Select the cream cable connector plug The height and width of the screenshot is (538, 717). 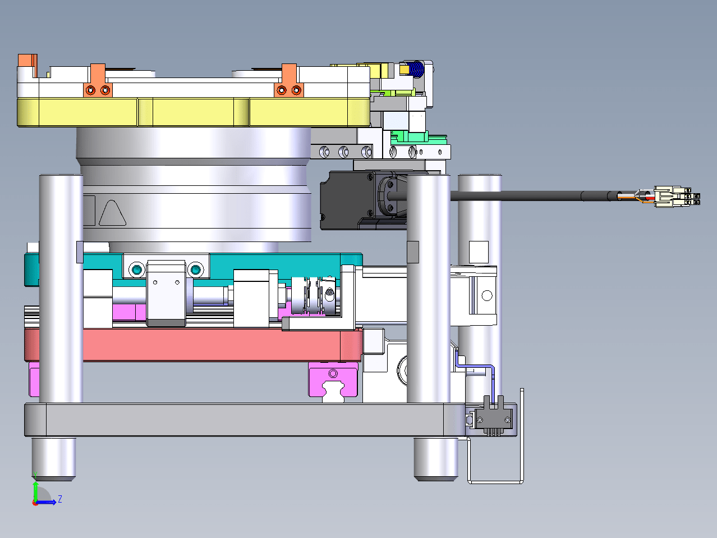[677, 197]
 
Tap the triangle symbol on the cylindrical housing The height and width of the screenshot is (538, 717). [112, 213]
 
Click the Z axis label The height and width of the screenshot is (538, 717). [60, 499]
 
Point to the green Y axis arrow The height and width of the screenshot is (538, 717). [35, 491]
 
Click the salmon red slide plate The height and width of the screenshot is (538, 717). [194, 345]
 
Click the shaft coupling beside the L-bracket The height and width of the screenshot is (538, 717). [313, 296]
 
